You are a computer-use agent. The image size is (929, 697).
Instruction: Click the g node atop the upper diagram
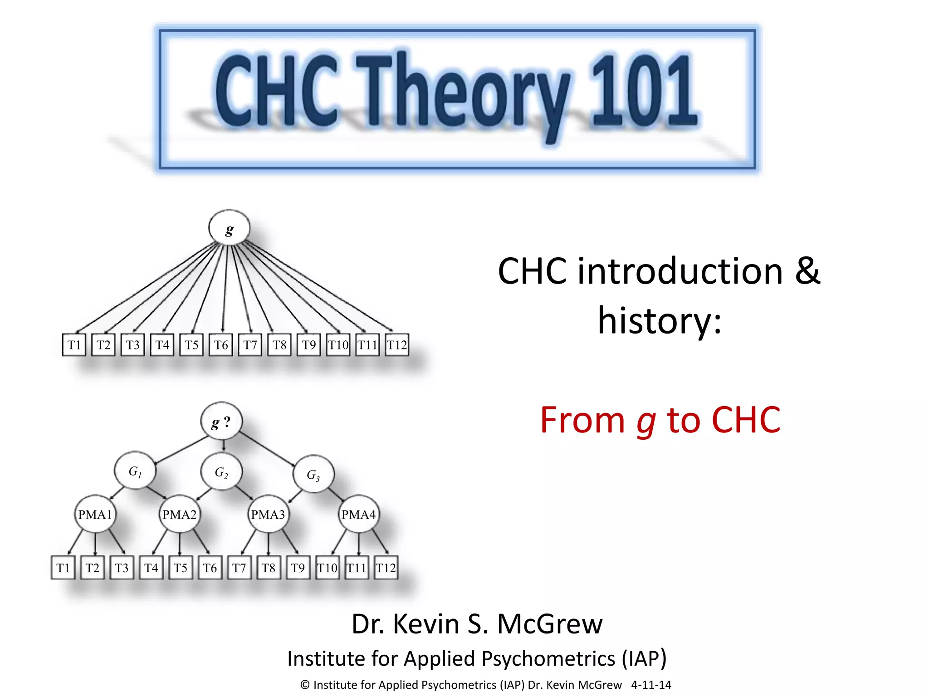(229, 228)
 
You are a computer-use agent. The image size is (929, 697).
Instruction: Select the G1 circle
(135, 471)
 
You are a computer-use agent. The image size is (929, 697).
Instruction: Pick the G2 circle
(221, 471)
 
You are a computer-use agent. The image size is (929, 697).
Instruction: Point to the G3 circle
(313, 474)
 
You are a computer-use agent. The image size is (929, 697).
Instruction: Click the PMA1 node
(95, 514)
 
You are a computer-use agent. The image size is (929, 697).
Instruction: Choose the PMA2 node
(180, 514)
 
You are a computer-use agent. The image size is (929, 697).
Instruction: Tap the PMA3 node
(268, 514)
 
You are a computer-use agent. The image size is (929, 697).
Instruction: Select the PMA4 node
(358, 514)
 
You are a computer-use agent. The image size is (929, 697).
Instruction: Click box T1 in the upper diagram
(74, 345)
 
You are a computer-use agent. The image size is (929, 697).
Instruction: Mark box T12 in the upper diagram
(397, 345)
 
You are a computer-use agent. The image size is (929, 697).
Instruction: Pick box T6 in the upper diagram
(221, 345)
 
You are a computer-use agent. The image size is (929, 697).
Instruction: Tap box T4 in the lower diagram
(151, 568)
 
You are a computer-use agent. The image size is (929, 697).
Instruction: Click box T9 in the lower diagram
(298, 568)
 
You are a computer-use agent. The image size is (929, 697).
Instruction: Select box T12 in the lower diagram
(386, 568)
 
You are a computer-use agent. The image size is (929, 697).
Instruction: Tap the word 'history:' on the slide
(660, 320)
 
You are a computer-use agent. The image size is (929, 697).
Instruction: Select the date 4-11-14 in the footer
(651, 685)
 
